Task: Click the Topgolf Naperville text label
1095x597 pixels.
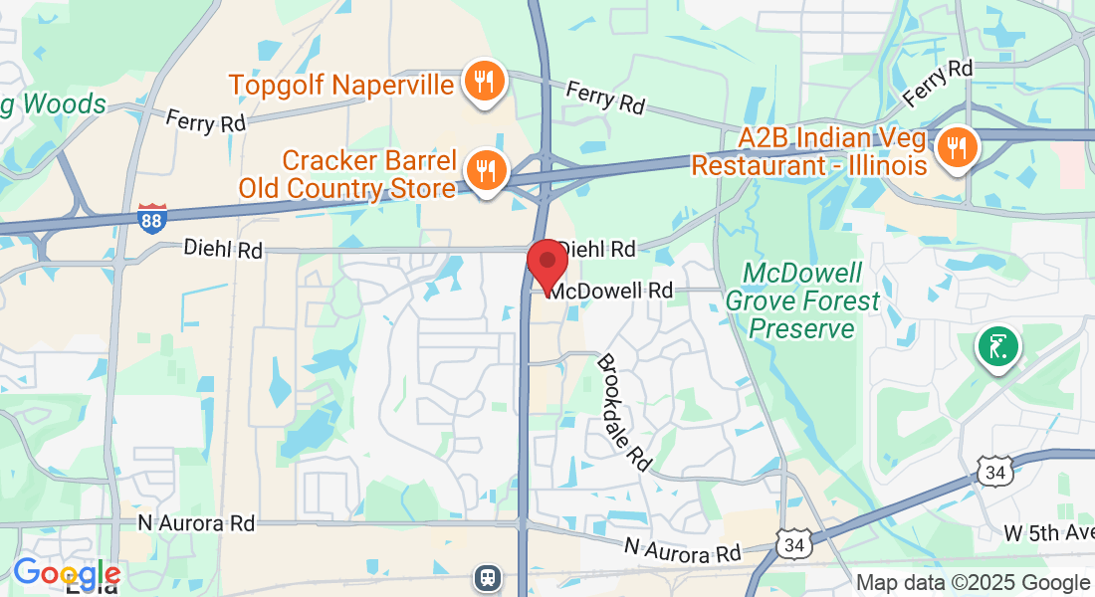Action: pos(342,84)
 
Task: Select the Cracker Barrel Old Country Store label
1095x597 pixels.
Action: pos(347,173)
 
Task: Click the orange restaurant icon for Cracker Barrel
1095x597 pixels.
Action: pos(485,171)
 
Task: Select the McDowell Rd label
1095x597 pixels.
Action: pos(611,291)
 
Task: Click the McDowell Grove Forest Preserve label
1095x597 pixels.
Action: pos(802,300)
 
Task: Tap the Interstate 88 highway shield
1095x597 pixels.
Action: pos(151,218)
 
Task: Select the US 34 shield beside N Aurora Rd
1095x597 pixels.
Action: pos(793,544)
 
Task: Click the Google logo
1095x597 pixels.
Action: pos(67,573)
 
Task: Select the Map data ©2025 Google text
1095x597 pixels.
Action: pos(973,583)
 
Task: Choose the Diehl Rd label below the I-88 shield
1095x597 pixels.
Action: pos(223,250)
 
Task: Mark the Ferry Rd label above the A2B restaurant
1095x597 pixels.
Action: pos(937,84)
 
